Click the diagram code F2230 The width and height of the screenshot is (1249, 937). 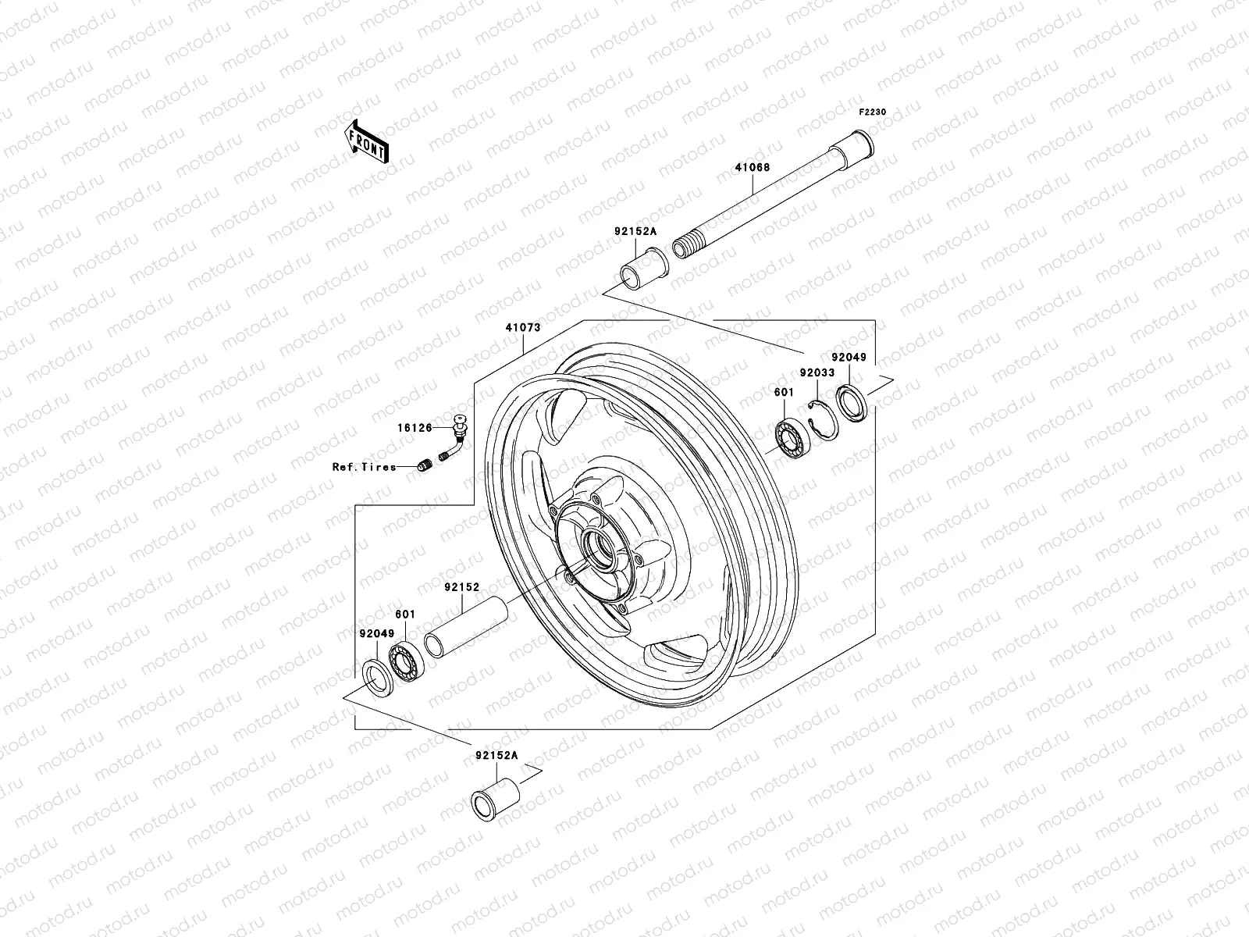coord(873,112)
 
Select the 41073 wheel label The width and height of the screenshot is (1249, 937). coord(522,328)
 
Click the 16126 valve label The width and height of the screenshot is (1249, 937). coord(415,428)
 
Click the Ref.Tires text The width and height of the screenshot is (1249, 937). coord(364,467)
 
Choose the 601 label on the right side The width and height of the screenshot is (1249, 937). coord(783,392)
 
